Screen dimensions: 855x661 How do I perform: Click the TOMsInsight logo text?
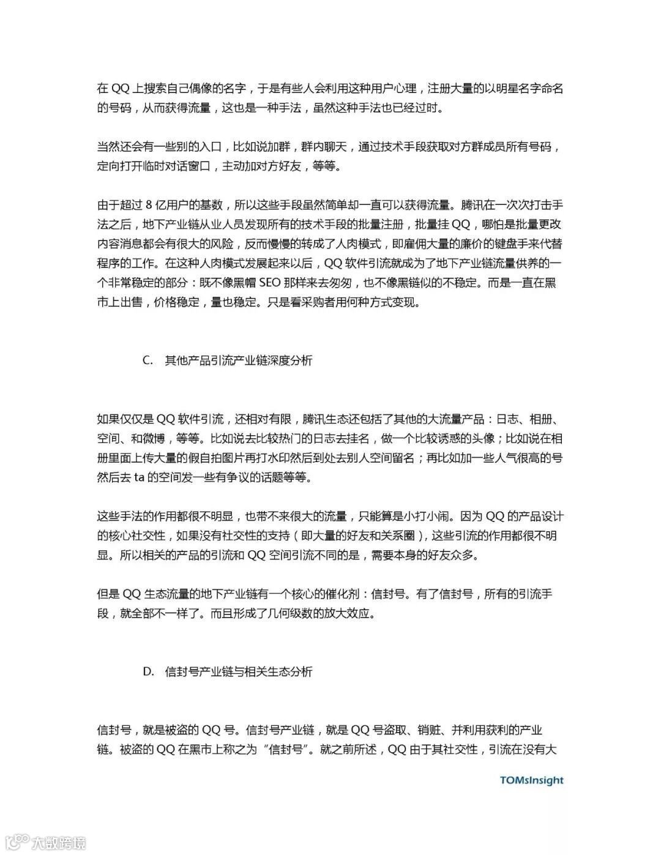531,780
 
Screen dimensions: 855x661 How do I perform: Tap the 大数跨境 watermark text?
59,842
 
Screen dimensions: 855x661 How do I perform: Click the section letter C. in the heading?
148,360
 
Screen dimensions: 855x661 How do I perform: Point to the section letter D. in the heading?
148,671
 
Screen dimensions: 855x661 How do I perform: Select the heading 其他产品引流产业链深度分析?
239,360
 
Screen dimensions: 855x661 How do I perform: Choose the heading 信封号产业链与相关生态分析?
239,671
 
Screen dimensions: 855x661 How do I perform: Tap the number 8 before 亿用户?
150,204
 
